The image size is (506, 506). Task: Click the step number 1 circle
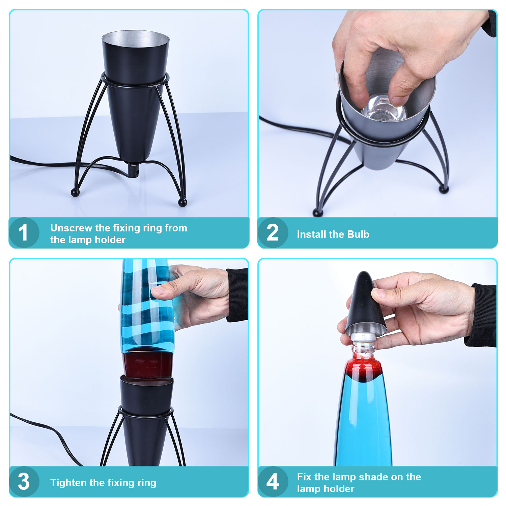[x=24, y=232]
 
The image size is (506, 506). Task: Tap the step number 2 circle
[x=273, y=232]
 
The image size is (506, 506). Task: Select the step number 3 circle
[x=24, y=481]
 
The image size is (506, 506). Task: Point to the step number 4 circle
[x=273, y=481]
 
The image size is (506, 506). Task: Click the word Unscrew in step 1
[x=71, y=228]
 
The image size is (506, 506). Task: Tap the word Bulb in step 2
[x=358, y=234]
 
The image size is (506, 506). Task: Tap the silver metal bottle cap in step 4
[x=364, y=337]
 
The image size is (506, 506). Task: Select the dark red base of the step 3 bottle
[x=147, y=364]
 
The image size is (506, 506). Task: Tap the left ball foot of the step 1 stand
[x=75, y=193]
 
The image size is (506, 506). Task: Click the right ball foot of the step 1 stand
[x=182, y=202]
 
